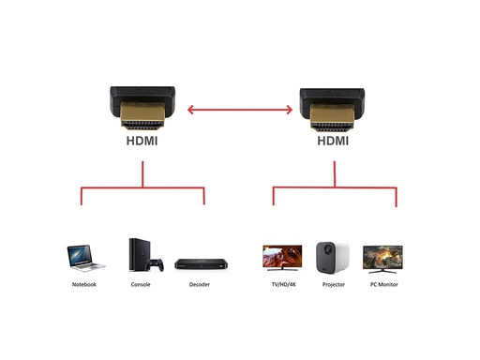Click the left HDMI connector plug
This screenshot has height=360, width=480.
(x=142, y=108)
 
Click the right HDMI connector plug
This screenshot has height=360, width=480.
(x=332, y=110)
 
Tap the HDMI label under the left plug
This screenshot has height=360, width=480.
(x=142, y=141)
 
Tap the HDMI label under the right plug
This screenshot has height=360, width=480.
(x=333, y=141)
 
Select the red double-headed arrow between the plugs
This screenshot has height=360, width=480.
(x=240, y=110)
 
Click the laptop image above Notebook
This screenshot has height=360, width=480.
(x=85, y=258)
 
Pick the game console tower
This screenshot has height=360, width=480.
(x=140, y=254)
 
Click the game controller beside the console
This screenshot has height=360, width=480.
(x=156, y=264)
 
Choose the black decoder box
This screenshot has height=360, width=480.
(x=201, y=264)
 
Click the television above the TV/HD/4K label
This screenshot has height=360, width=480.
(x=282, y=258)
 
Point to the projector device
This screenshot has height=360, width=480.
(x=333, y=257)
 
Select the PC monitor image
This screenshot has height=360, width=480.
(x=382, y=260)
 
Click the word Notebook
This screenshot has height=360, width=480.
(x=84, y=284)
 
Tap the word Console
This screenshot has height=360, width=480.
(x=141, y=284)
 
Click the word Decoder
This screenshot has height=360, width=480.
(x=200, y=284)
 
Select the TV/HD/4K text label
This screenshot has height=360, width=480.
(x=283, y=284)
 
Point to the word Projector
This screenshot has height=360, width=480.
(x=334, y=284)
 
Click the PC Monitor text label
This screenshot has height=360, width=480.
(x=384, y=284)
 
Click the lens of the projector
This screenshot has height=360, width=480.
(x=327, y=249)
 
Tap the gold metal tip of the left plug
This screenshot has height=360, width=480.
(x=142, y=115)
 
